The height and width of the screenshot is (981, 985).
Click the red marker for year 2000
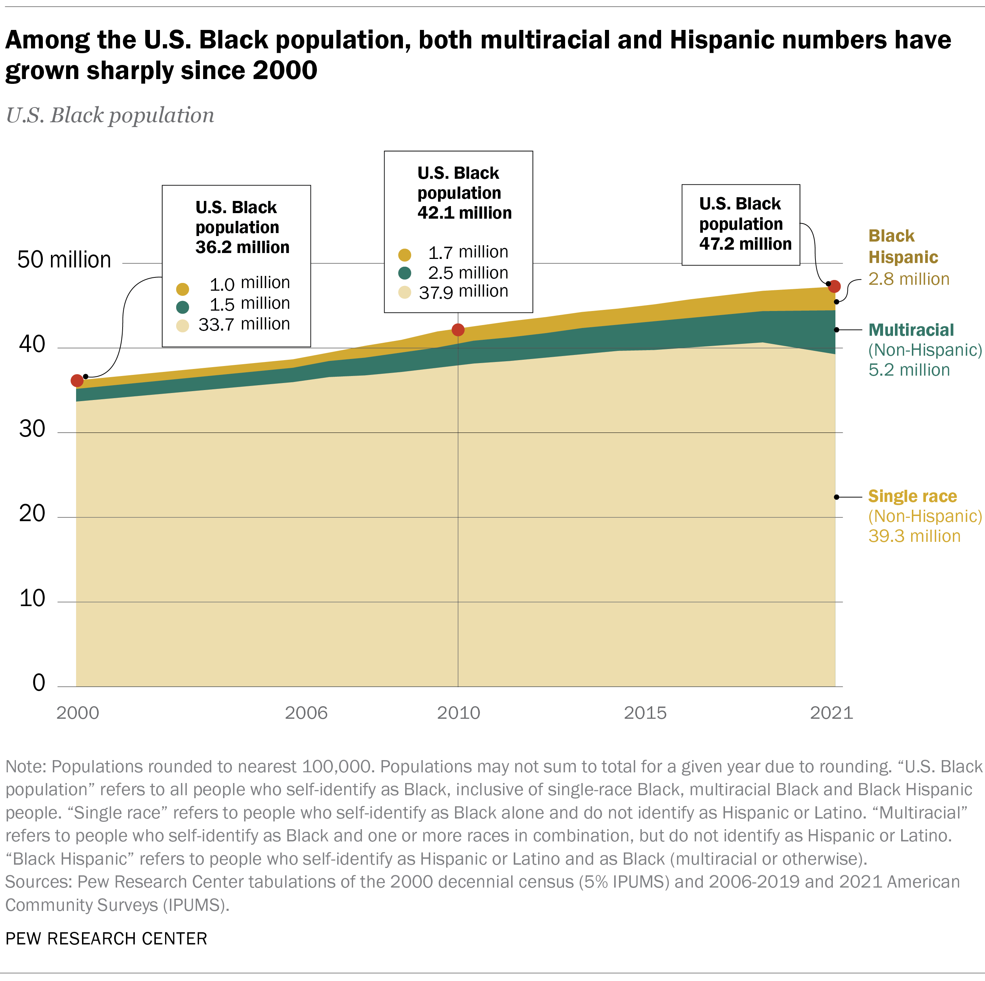click(x=77, y=380)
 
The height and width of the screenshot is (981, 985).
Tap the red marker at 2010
click(x=458, y=330)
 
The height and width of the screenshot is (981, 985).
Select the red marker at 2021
click(x=834, y=287)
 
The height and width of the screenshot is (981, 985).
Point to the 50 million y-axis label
click(x=64, y=260)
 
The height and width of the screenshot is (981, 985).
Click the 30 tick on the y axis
click(x=32, y=429)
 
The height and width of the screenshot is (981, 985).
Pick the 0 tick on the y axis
click(x=39, y=683)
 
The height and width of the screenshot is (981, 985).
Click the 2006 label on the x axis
click(x=306, y=713)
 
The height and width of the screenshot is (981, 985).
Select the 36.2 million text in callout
click(x=242, y=247)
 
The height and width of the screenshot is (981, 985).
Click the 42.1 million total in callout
click(x=464, y=213)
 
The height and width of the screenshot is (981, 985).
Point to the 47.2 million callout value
click(x=745, y=244)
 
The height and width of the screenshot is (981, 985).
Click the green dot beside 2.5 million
click(x=405, y=273)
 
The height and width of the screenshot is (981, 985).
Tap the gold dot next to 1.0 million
click(x=182, y=289)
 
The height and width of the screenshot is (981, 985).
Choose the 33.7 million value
click(x=244, y=324)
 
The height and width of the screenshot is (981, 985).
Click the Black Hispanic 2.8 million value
click(x=909, y=279)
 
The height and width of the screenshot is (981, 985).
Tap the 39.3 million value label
click(x=914, y=536)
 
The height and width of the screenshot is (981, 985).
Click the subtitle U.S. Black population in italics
click(x=110, y=115)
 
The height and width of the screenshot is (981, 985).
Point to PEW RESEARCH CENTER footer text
click(x=106, y=939)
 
